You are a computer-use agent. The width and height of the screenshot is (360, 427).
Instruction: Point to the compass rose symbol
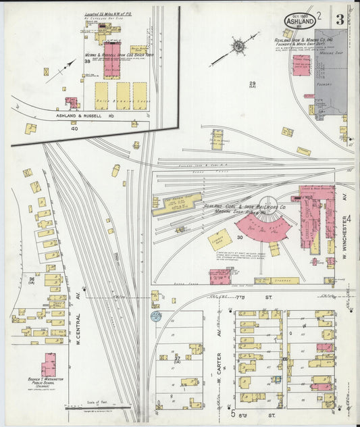tap(238, 47)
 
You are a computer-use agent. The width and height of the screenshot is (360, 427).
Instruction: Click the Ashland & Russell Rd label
tap(74, 116)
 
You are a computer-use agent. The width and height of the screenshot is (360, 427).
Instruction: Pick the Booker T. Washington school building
tap(49, 365)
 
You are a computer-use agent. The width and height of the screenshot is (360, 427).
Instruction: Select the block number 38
tap(87, 61)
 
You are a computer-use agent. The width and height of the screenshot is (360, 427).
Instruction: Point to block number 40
tap(93, 129)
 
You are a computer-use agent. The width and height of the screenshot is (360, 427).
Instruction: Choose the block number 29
tap(252, 83)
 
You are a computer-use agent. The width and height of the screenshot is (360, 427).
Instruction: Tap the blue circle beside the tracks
tap(157, 316)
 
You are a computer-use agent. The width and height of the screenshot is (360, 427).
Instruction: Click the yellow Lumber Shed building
tap(219, 240)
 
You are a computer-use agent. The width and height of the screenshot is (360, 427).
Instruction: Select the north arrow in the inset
tap(60, 70)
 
